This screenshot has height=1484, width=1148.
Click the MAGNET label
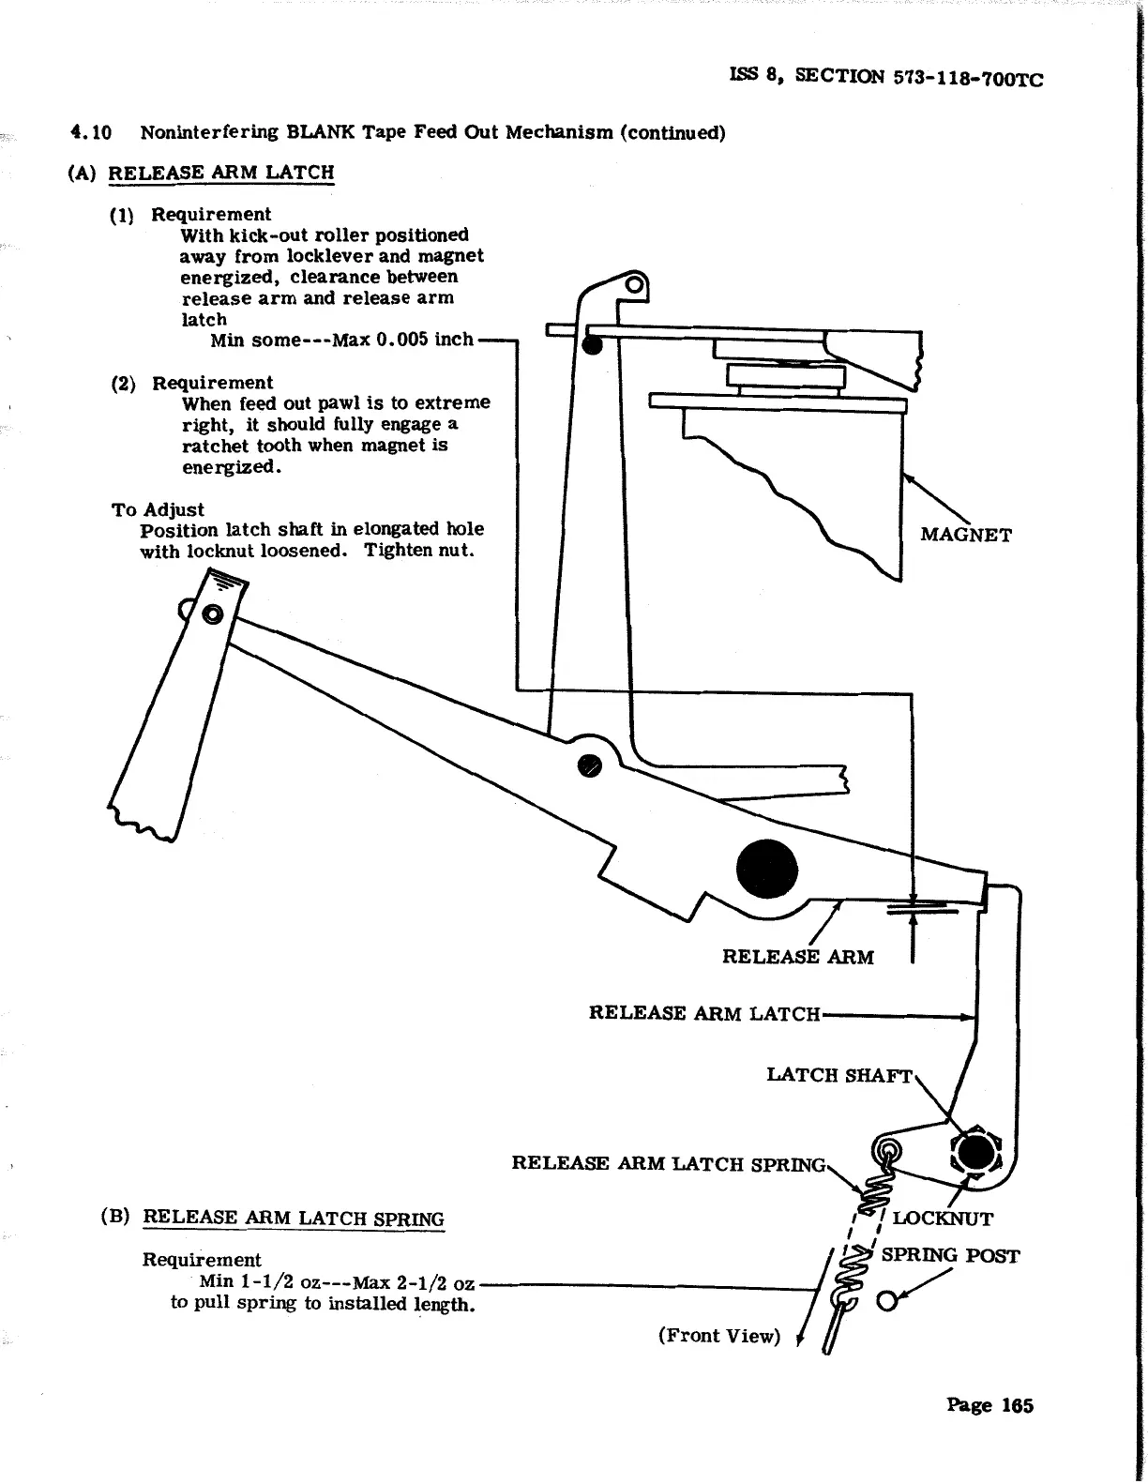966,536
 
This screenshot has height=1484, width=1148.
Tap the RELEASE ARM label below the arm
797,957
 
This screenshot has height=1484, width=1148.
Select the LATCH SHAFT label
838,1075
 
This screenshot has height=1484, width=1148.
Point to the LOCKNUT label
942,1219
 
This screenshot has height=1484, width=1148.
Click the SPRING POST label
949,1256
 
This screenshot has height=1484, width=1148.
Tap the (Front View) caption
718,1336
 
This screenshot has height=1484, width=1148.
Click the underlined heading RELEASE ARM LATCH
221,173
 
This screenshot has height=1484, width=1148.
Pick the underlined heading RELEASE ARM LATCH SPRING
294,1219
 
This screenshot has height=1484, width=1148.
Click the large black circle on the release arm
766,870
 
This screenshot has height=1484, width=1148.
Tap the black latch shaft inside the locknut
975,1152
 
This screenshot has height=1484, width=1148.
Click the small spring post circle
885,1302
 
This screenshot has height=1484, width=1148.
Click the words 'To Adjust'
158,510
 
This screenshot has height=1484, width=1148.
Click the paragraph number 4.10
91,132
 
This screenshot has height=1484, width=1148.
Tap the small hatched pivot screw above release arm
590,765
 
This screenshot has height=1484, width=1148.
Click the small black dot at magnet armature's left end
592,344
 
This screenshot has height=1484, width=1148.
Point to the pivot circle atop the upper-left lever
213,615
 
